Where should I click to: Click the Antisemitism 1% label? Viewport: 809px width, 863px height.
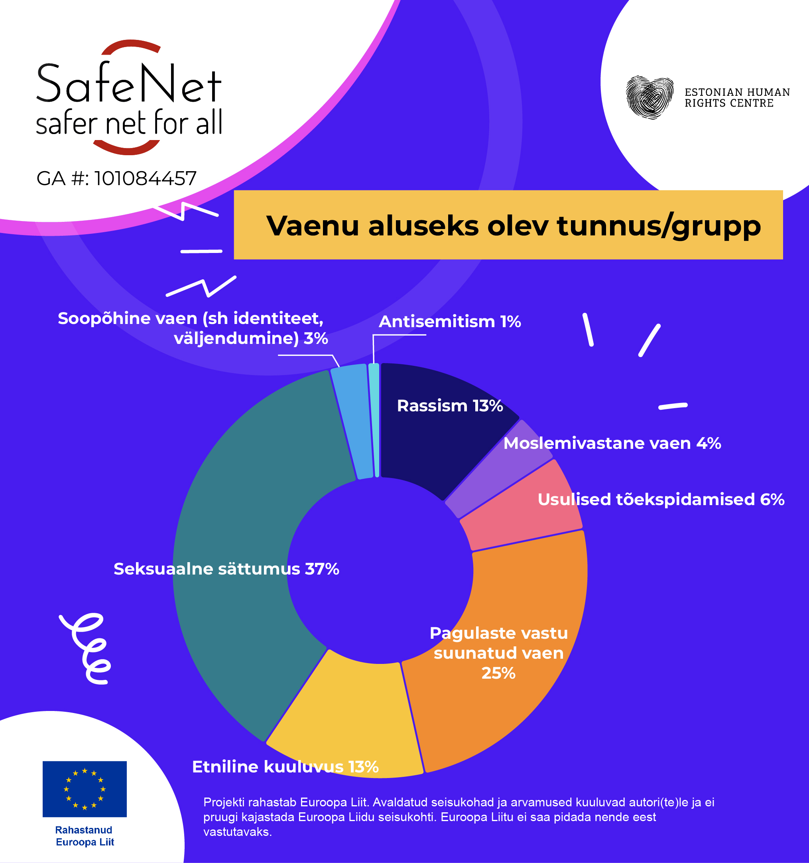[450, 322]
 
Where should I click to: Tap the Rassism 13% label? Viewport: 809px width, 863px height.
[450, 406]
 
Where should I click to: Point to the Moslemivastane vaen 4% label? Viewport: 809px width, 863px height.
[612, 444]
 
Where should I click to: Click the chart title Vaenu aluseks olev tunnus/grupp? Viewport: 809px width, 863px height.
[513, 226]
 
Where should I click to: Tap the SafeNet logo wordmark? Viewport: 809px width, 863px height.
[129, 98]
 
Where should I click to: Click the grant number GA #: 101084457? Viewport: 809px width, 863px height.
[116, 178]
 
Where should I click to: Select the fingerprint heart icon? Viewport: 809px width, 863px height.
[650, 97]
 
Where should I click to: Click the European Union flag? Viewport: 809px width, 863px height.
[85, 789]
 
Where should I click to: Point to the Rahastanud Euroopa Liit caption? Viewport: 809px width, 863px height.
[85, 835]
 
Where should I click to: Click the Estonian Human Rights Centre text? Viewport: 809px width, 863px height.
[737, 98]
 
